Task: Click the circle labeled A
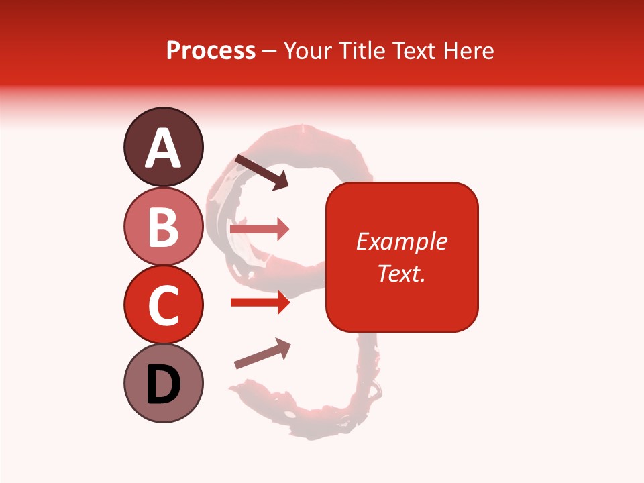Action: tap(163, 147)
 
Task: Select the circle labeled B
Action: tap(163, 226)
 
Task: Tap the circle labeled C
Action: tap(163, 305)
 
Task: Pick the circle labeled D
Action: tap(163, 383)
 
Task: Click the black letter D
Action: tap(164, 384)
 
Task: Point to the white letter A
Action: tap(164, 148)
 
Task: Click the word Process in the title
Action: tap(211, 50)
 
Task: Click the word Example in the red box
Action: tap(401, 241)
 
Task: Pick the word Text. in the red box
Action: tap(401, 273)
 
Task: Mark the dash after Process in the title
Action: tap(270, 52)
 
